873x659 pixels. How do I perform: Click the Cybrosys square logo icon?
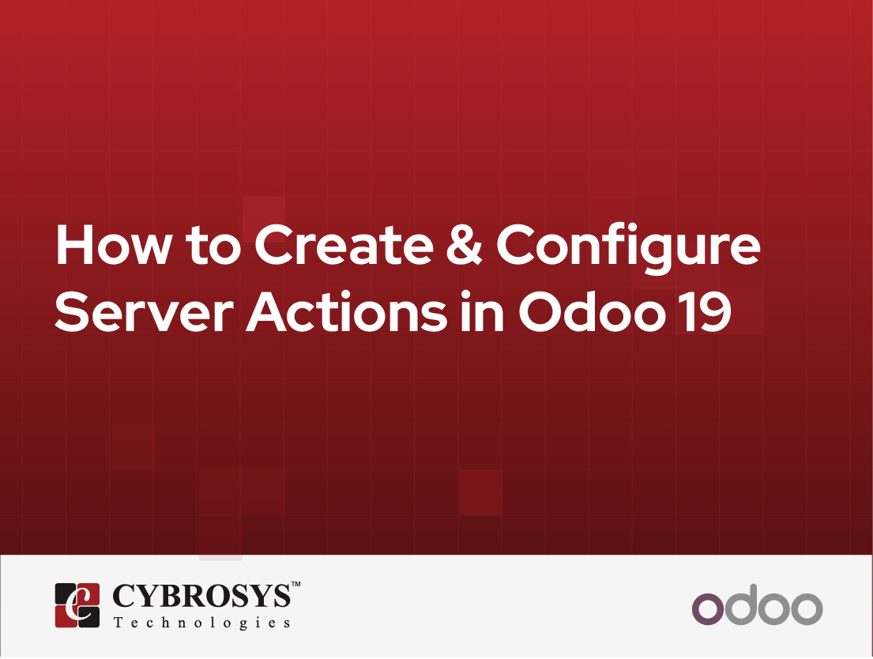(77, 605)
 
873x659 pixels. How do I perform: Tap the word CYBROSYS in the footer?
(201, 598)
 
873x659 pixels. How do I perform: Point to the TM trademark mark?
(295, 586)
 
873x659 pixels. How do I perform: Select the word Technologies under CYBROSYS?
(201, 623)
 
